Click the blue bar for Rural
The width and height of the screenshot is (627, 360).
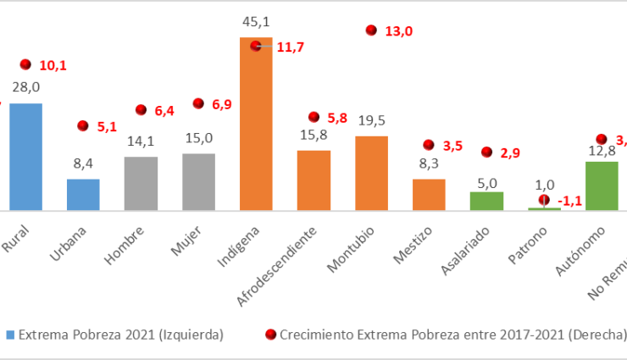pos(25,157)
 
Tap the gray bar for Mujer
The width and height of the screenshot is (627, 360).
pos(198,181)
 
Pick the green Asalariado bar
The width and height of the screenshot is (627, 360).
pos(486,201)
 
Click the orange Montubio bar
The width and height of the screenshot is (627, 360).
pos(371,173)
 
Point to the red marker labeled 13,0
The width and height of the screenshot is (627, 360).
pos(371,30)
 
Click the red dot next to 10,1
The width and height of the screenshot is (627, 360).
pos(25,64)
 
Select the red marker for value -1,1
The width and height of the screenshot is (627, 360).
pos(544,200)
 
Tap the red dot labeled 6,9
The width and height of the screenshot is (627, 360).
pos(198,103)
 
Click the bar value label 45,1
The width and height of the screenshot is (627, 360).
pos(256,22)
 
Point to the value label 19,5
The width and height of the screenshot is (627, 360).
pos(371,121)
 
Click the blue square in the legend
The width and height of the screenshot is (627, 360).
pos(10,335)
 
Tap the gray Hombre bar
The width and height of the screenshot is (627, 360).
pos(141,183)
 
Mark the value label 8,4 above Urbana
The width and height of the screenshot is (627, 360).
pos(83,165)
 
